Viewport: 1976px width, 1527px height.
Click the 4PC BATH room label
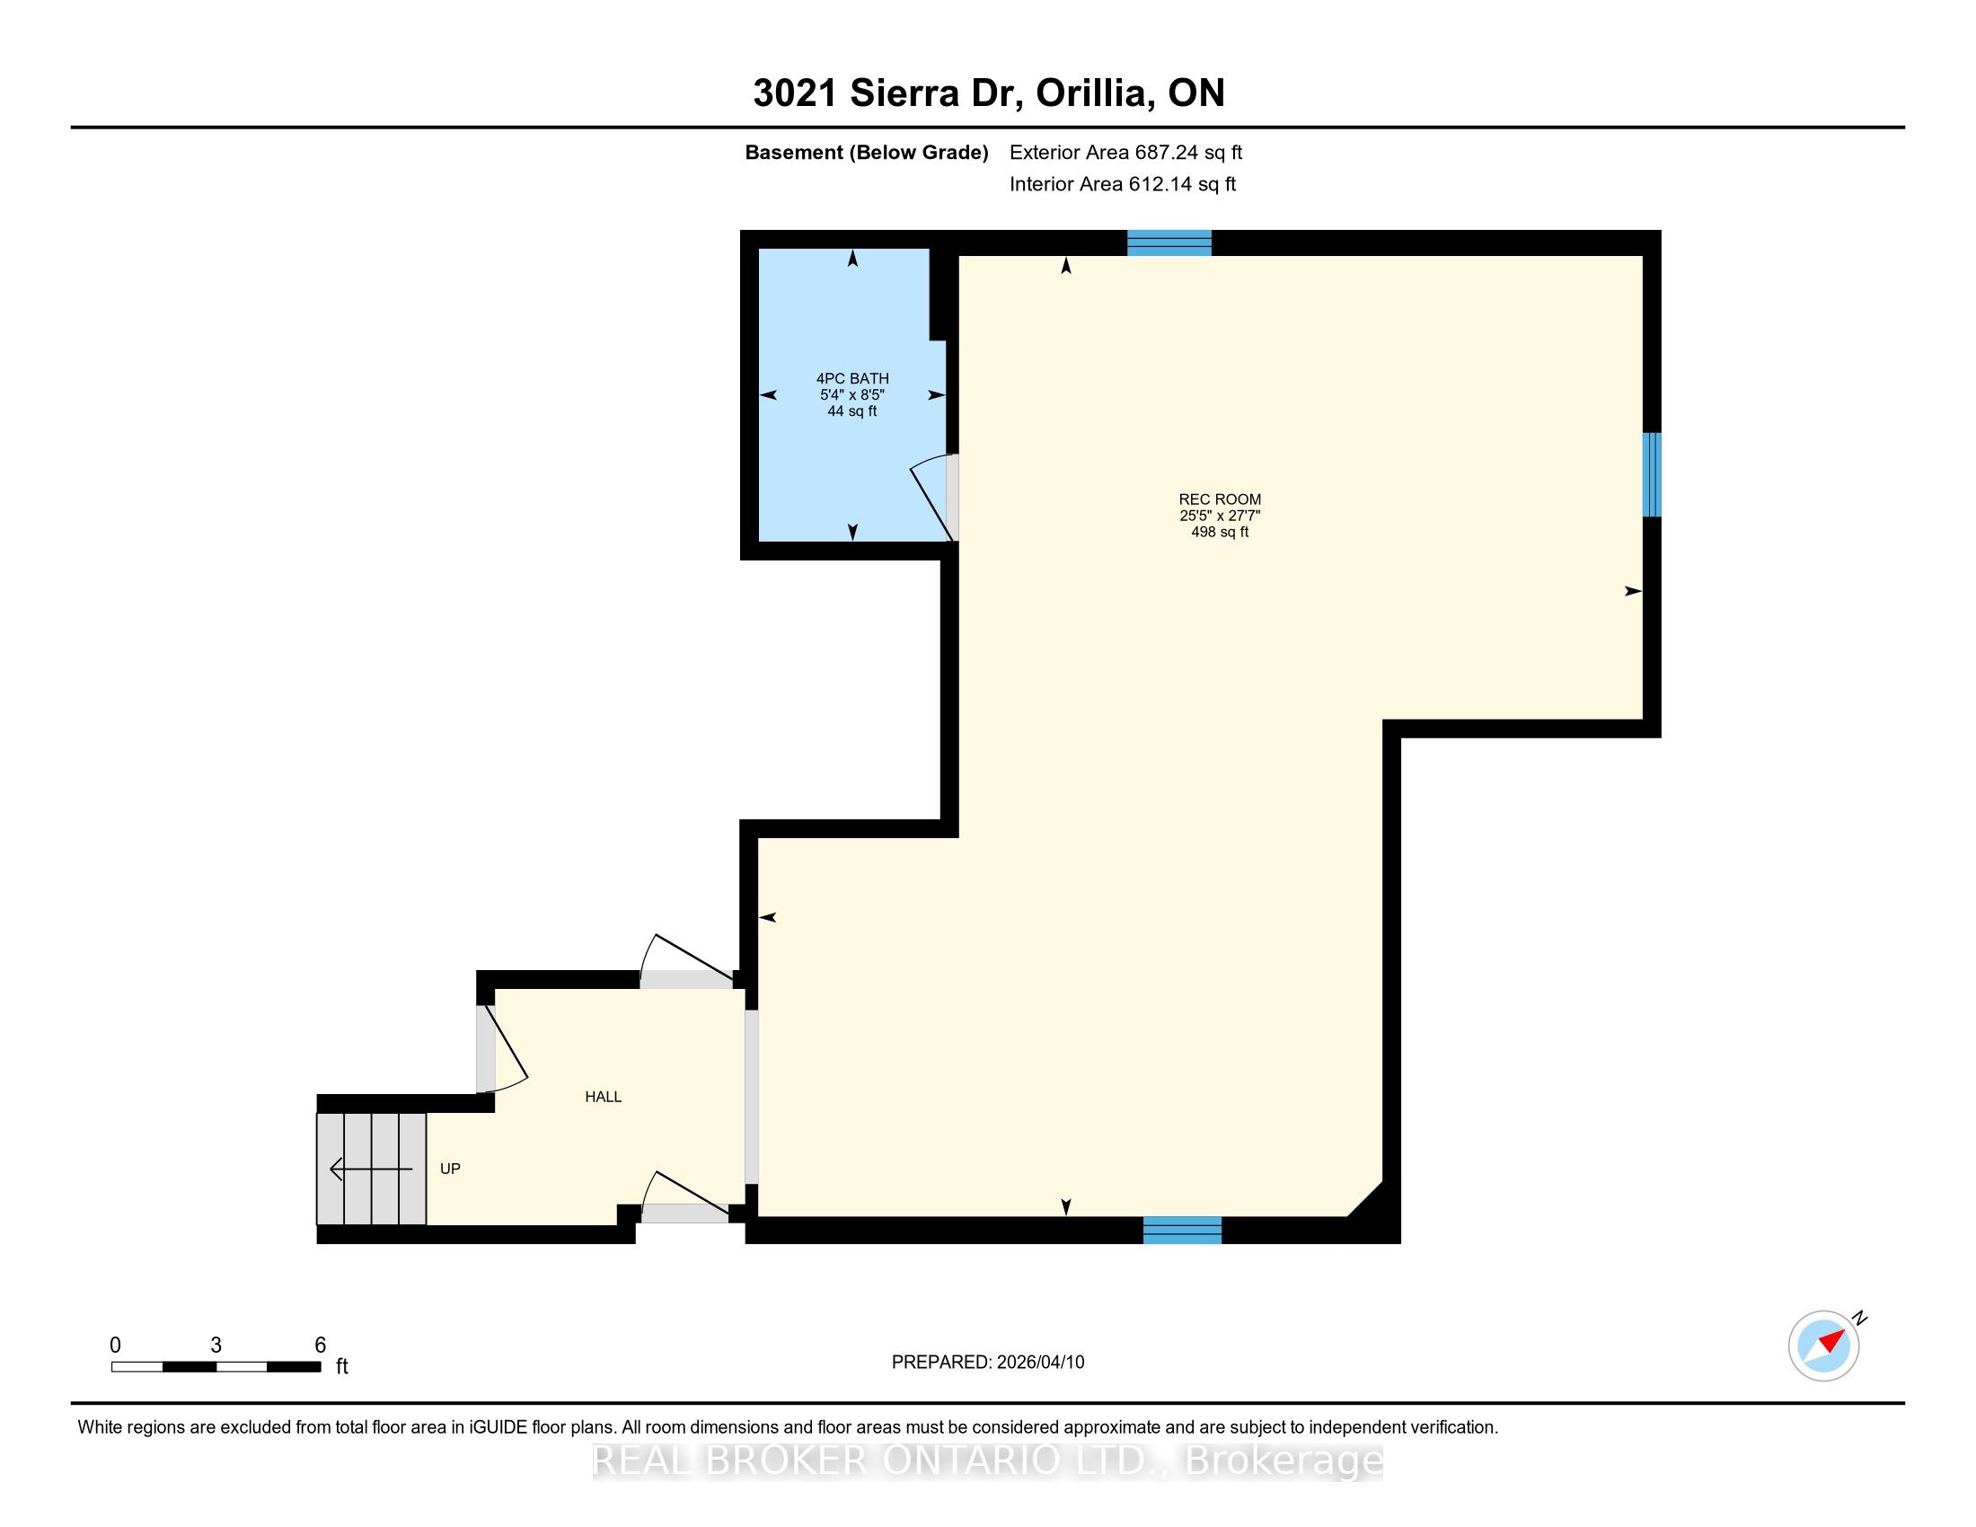coord(852,378)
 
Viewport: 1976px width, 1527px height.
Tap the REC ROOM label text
coord(1220,499)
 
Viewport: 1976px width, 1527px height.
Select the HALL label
coord(603,1097)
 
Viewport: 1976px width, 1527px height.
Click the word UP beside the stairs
coord(450,1168)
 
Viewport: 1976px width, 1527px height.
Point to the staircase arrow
coord(371,1169)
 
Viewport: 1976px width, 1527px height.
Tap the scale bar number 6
coord(320,1345)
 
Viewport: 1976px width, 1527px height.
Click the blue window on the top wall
coord(1169,243)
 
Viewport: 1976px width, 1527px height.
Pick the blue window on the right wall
coord(1652,474)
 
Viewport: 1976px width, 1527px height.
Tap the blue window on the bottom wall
coord(1183,1231)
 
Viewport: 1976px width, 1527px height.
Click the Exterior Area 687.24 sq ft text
coord(1125,152)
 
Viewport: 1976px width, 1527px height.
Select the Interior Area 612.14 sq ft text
coord(1123,183)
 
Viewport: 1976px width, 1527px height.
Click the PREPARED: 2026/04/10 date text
coord(988,1362)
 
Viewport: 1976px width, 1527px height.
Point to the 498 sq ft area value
coord(1220,532)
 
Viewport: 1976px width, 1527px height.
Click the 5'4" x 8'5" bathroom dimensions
coord(852,394)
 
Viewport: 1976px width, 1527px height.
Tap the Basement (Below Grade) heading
coord(866,152)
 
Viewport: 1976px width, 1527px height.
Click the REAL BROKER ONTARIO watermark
coord(988,1460)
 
